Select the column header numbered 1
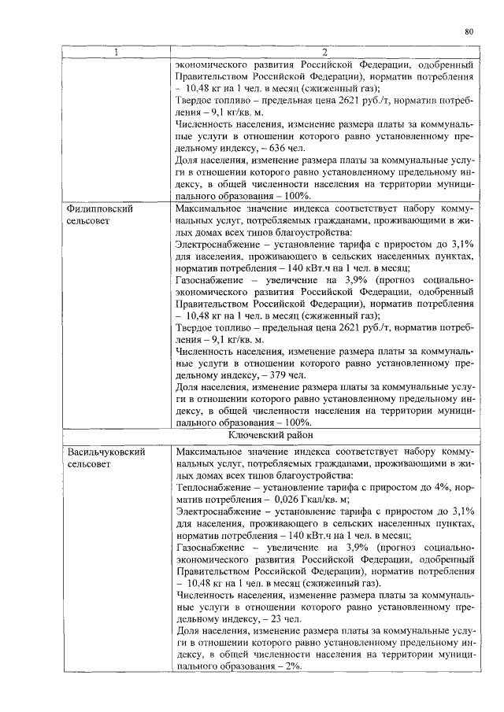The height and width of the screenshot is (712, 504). click(x=117, y=53)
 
